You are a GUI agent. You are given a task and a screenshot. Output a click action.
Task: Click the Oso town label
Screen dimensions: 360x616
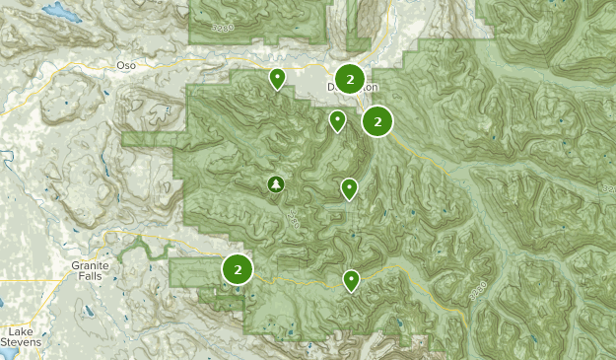(x=125, y=64)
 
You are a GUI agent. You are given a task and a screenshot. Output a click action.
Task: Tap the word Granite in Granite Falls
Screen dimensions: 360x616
(x=89, y=265)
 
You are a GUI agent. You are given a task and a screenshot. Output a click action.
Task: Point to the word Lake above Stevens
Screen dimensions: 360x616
(x=20, y=331)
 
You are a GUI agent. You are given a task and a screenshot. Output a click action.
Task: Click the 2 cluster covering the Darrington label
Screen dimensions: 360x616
(x=350, y=77)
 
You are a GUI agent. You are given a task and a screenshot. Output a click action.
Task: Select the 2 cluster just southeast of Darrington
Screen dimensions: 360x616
(x=377, y=121)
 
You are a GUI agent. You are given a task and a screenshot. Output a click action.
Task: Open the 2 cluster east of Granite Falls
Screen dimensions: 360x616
(x=238, y=268)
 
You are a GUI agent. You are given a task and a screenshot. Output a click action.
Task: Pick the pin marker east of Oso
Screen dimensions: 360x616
(x=278, y=78)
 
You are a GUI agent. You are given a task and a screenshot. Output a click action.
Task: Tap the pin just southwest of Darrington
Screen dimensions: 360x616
(x=337, y=120)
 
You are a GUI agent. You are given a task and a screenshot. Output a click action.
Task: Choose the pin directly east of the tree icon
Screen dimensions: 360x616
(x=349, y=187)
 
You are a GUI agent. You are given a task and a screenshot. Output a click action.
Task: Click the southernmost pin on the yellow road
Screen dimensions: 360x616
(x=351, y=280)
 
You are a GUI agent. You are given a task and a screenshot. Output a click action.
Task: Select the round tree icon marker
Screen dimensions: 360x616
(x=276, y=183)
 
